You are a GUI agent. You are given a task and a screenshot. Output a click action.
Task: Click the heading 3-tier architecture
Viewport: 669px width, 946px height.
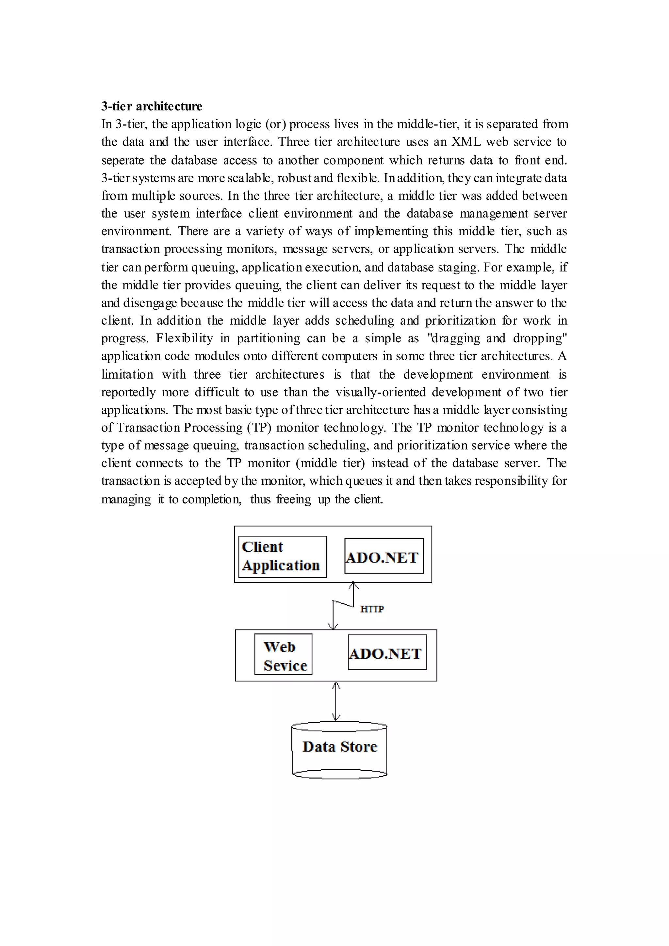152,106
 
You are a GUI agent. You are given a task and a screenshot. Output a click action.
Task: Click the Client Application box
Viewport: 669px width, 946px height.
282,556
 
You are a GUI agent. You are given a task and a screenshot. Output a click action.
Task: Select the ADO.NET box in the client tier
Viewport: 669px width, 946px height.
383,556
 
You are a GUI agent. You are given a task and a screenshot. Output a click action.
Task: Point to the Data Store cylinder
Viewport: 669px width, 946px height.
339,747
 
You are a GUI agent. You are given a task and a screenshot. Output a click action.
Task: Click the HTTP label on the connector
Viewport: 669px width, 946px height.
372,609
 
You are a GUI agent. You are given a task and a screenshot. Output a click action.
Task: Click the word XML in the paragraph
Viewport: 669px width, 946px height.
466,142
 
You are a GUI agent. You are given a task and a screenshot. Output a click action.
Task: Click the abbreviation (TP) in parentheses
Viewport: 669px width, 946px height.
259,428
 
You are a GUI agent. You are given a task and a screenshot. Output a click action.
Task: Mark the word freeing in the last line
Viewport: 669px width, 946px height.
293,499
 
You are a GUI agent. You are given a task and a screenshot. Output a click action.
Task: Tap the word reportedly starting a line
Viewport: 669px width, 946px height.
128,392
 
